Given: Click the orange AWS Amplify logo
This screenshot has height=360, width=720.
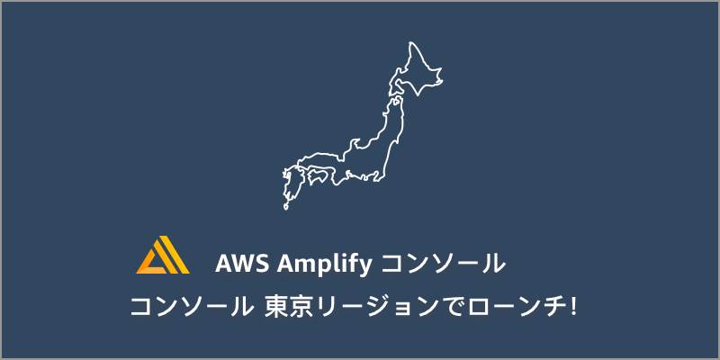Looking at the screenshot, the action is click(163, 256).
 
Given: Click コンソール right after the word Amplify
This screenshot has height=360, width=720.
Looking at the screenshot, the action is click(441, 265).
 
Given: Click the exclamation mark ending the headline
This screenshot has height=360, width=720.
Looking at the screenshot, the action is click(573, 306).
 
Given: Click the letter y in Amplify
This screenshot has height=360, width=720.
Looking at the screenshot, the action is click(364, 267).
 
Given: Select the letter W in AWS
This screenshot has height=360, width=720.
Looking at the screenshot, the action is click(243, 265).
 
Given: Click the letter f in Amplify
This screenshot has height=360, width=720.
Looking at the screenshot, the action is click(353, 264).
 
